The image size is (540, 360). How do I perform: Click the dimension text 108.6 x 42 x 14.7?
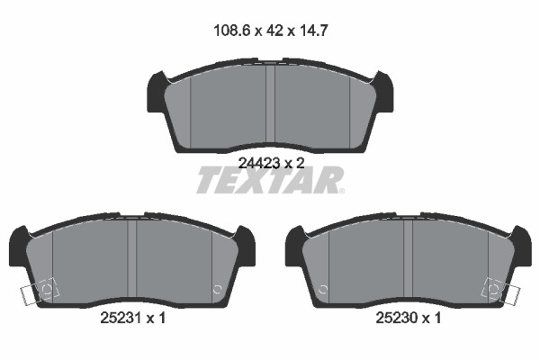270,31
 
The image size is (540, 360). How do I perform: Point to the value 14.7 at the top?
312,31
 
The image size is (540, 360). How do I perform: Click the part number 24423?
259,163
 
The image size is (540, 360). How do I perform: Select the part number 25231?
121,318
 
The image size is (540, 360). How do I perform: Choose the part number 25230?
396,318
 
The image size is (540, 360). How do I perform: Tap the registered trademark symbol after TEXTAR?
341,191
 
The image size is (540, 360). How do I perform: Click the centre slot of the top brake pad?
270,104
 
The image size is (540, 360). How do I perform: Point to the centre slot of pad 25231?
132,258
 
